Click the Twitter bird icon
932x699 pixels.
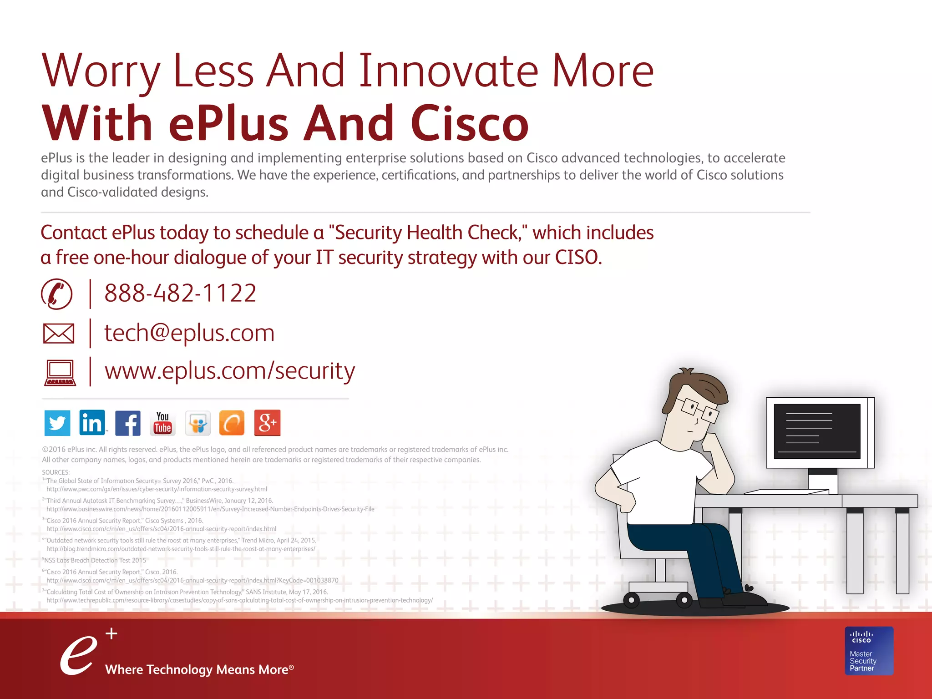point(57,423)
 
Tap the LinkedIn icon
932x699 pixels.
point(92,422)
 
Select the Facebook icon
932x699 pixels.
point(128,423)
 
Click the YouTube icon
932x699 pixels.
point(162,423)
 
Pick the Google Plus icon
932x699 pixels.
point(267,423)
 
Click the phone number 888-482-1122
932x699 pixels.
point(180,293)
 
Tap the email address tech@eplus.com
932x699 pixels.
point(189,333)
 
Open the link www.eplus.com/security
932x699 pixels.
point(229,371)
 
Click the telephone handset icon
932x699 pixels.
point(57,294)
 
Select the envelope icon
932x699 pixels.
point(59,334)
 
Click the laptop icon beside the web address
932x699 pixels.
point(60,373)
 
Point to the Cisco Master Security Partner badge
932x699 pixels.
point(869,651)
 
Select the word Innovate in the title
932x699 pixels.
point(448,71)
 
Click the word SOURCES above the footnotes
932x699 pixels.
point(56,472)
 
